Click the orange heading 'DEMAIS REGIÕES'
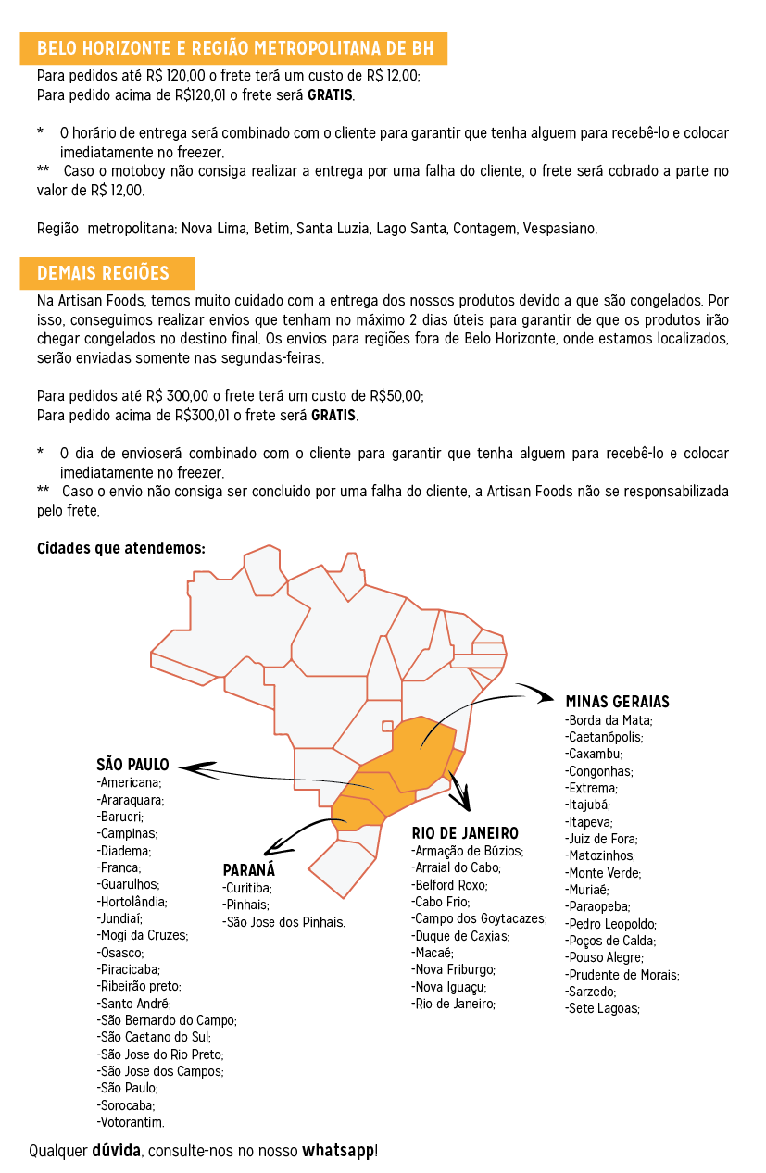click(x=103, y=273)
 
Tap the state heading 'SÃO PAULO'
click(x=132, y=765)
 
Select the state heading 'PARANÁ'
click(x=249, y=870)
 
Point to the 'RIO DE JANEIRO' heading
click(x=465, y=833)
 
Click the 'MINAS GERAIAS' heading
click(x=617, y=702)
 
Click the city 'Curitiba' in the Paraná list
click(x=247, y=888)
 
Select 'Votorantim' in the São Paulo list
click(x=131, y=1122)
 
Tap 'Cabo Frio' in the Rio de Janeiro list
click(x=441, y=902)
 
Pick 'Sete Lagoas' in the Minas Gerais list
click(x=602, y=1008)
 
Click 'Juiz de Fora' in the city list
click(x=601, y=839)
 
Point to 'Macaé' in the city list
click(x=433, y=953)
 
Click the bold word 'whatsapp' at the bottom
click(x=338, y=1151)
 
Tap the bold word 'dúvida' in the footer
click(x=116, y=1151)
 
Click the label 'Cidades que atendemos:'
click(x=120, y=548)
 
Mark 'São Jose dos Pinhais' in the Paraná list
click(x=284, y=922)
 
